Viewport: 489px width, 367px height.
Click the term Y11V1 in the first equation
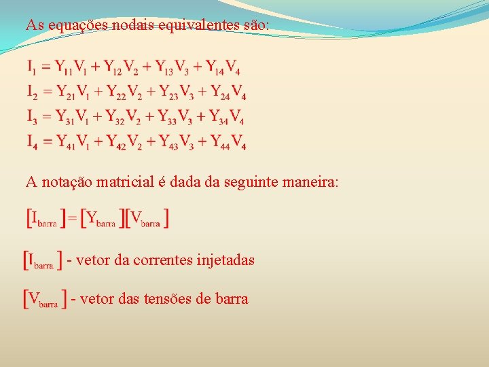(71, 67)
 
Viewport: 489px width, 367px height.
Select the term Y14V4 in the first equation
(221, 67)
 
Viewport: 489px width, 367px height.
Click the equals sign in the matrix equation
(73, 219)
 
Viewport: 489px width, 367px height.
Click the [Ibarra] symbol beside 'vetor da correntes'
(43, 260)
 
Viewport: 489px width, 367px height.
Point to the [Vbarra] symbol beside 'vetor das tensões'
(45, 299)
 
